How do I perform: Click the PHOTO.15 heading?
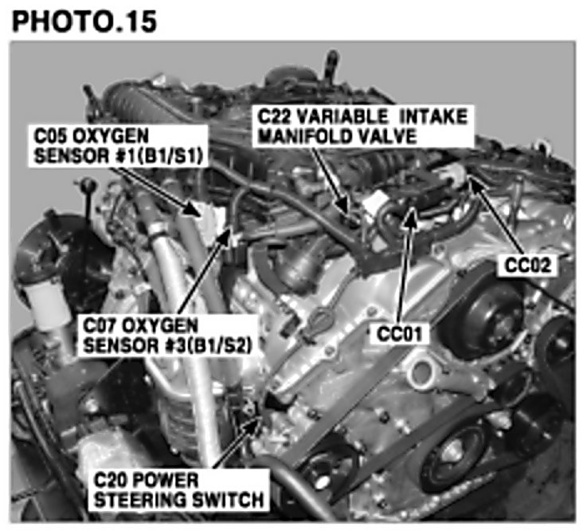(x=84, y=22)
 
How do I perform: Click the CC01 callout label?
(x=400, y=334)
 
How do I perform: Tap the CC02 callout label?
(x=527, y=265)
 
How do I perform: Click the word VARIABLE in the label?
(x=342, y=117)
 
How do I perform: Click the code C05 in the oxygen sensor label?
(x=50, y=136)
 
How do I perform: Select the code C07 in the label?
(x=99, y=326)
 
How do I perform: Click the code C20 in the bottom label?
(x=110, y=480)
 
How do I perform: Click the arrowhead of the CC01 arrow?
(x=411, y=215)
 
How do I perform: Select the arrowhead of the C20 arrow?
(x=254, y=423)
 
